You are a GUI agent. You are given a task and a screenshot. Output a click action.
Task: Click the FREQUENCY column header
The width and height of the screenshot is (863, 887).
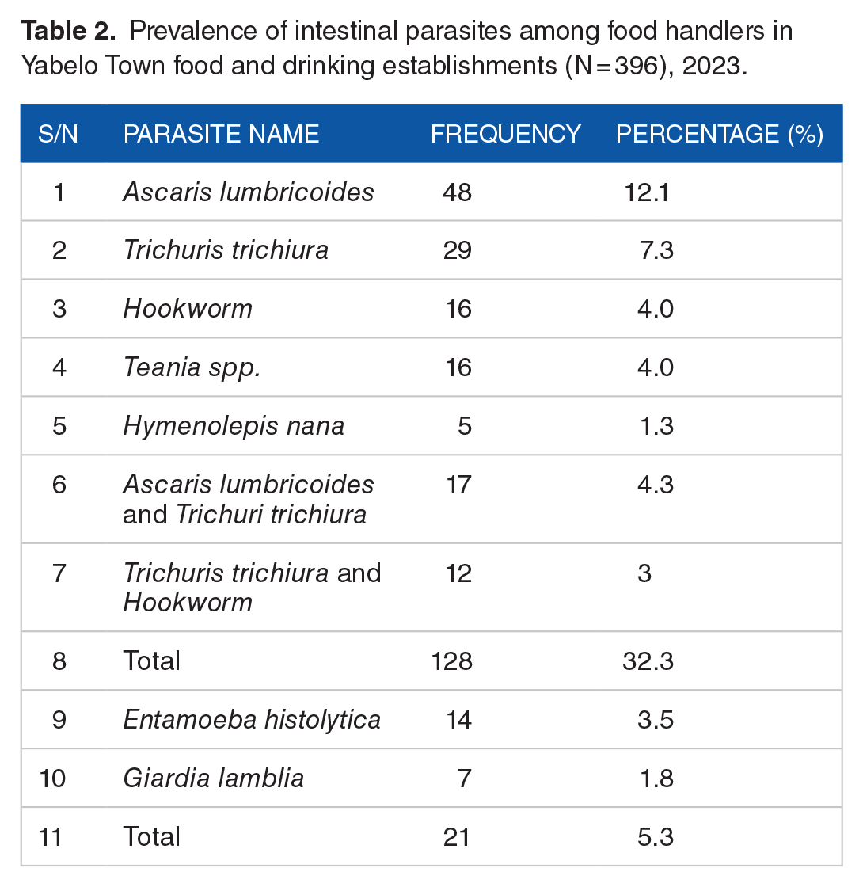(506, 134)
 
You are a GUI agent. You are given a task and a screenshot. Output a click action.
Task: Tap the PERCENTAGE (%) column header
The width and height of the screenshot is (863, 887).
(720, 134)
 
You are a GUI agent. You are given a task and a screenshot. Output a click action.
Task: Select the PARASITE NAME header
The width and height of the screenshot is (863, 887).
(221, 134)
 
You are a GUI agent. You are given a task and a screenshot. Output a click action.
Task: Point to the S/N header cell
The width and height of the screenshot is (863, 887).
(58, 134)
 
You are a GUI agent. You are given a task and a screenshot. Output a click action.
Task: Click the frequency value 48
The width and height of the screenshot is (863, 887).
(457, 192)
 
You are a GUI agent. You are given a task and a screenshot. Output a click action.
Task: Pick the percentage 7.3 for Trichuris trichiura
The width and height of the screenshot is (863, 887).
(656, 250)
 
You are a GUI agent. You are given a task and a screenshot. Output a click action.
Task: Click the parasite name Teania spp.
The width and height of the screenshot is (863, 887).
(192, 367)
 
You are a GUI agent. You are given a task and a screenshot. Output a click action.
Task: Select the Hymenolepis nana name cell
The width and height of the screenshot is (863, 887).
(234, 425)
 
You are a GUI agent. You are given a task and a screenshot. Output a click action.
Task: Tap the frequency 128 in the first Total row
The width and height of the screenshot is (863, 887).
(451, 660)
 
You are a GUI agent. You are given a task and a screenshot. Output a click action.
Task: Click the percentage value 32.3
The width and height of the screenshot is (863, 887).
(648, 660)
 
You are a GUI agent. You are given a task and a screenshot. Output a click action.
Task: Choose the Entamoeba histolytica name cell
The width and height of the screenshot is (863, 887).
(252, 720)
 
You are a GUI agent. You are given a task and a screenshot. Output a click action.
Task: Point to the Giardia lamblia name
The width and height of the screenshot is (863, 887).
(213, 778)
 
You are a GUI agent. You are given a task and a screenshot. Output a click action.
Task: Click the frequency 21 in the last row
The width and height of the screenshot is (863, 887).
(456, 836)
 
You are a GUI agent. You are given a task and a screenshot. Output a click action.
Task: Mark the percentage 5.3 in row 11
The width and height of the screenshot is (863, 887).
(656, 836)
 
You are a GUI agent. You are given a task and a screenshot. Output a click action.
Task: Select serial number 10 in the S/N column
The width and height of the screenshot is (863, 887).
(52, 778)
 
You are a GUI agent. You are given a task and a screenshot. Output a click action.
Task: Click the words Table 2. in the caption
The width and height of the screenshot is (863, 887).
(68, 31)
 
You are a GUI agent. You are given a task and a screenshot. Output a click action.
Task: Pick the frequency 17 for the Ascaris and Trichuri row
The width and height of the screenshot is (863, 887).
(458, 485)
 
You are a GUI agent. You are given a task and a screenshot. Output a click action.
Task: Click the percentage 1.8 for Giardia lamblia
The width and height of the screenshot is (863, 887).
(656, 778)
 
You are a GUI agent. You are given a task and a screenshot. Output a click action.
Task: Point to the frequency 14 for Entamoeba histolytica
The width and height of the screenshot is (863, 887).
(458, 720)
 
